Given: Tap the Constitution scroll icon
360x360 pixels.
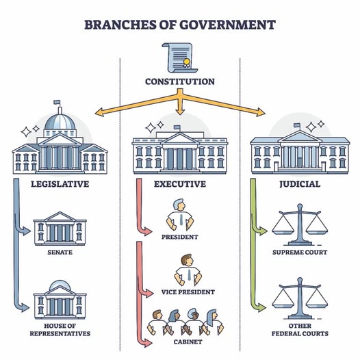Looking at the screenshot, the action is (x=180, y=58).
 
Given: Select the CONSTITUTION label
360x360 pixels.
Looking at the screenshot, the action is (x=180, y=81).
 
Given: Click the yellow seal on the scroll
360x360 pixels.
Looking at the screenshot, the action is (x=186, y=62).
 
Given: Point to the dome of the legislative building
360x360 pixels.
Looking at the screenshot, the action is (x=60, y=122).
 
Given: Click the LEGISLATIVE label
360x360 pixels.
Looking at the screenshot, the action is (x=60, y=184).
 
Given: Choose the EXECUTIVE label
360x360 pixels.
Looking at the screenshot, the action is (x=180, y=184).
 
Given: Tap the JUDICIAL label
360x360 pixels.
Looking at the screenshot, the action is (x=300, y=184).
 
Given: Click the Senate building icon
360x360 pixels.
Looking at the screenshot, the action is (x=60, y=229).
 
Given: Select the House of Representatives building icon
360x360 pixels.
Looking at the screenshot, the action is (x=60, y=300).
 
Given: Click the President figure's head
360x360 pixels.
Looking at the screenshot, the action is (x=179, y=205).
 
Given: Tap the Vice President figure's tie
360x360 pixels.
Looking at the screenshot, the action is (x=189, y=275).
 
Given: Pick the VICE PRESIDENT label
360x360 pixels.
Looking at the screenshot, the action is (x=188, y=292).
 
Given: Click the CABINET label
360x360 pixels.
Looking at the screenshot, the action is (x=188, y=342).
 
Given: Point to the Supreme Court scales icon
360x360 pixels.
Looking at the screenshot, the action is (x=300, y=224).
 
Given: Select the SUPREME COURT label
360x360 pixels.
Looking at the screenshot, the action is (x=300, y=253).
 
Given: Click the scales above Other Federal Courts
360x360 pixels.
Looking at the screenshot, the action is (x=300, y=298).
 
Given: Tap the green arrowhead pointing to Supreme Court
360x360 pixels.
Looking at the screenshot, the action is (x=263, y=231).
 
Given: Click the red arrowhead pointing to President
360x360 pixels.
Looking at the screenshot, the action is (x=148, y=231).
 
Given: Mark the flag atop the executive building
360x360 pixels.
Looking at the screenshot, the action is (x=177, y=127).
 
